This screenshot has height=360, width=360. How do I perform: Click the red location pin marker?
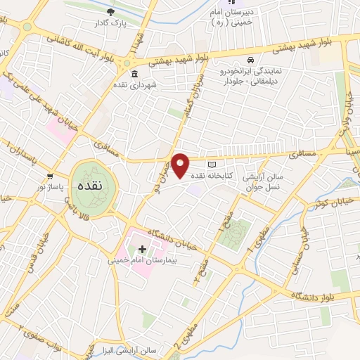coord(181,165)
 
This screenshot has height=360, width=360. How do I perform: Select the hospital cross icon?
coord(143,249)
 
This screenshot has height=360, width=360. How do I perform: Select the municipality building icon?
coord(134,74)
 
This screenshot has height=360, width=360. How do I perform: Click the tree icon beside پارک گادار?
coord(110,12)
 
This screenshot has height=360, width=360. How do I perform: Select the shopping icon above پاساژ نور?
coord(49,176)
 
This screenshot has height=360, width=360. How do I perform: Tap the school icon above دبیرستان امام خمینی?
coord(233,4)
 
